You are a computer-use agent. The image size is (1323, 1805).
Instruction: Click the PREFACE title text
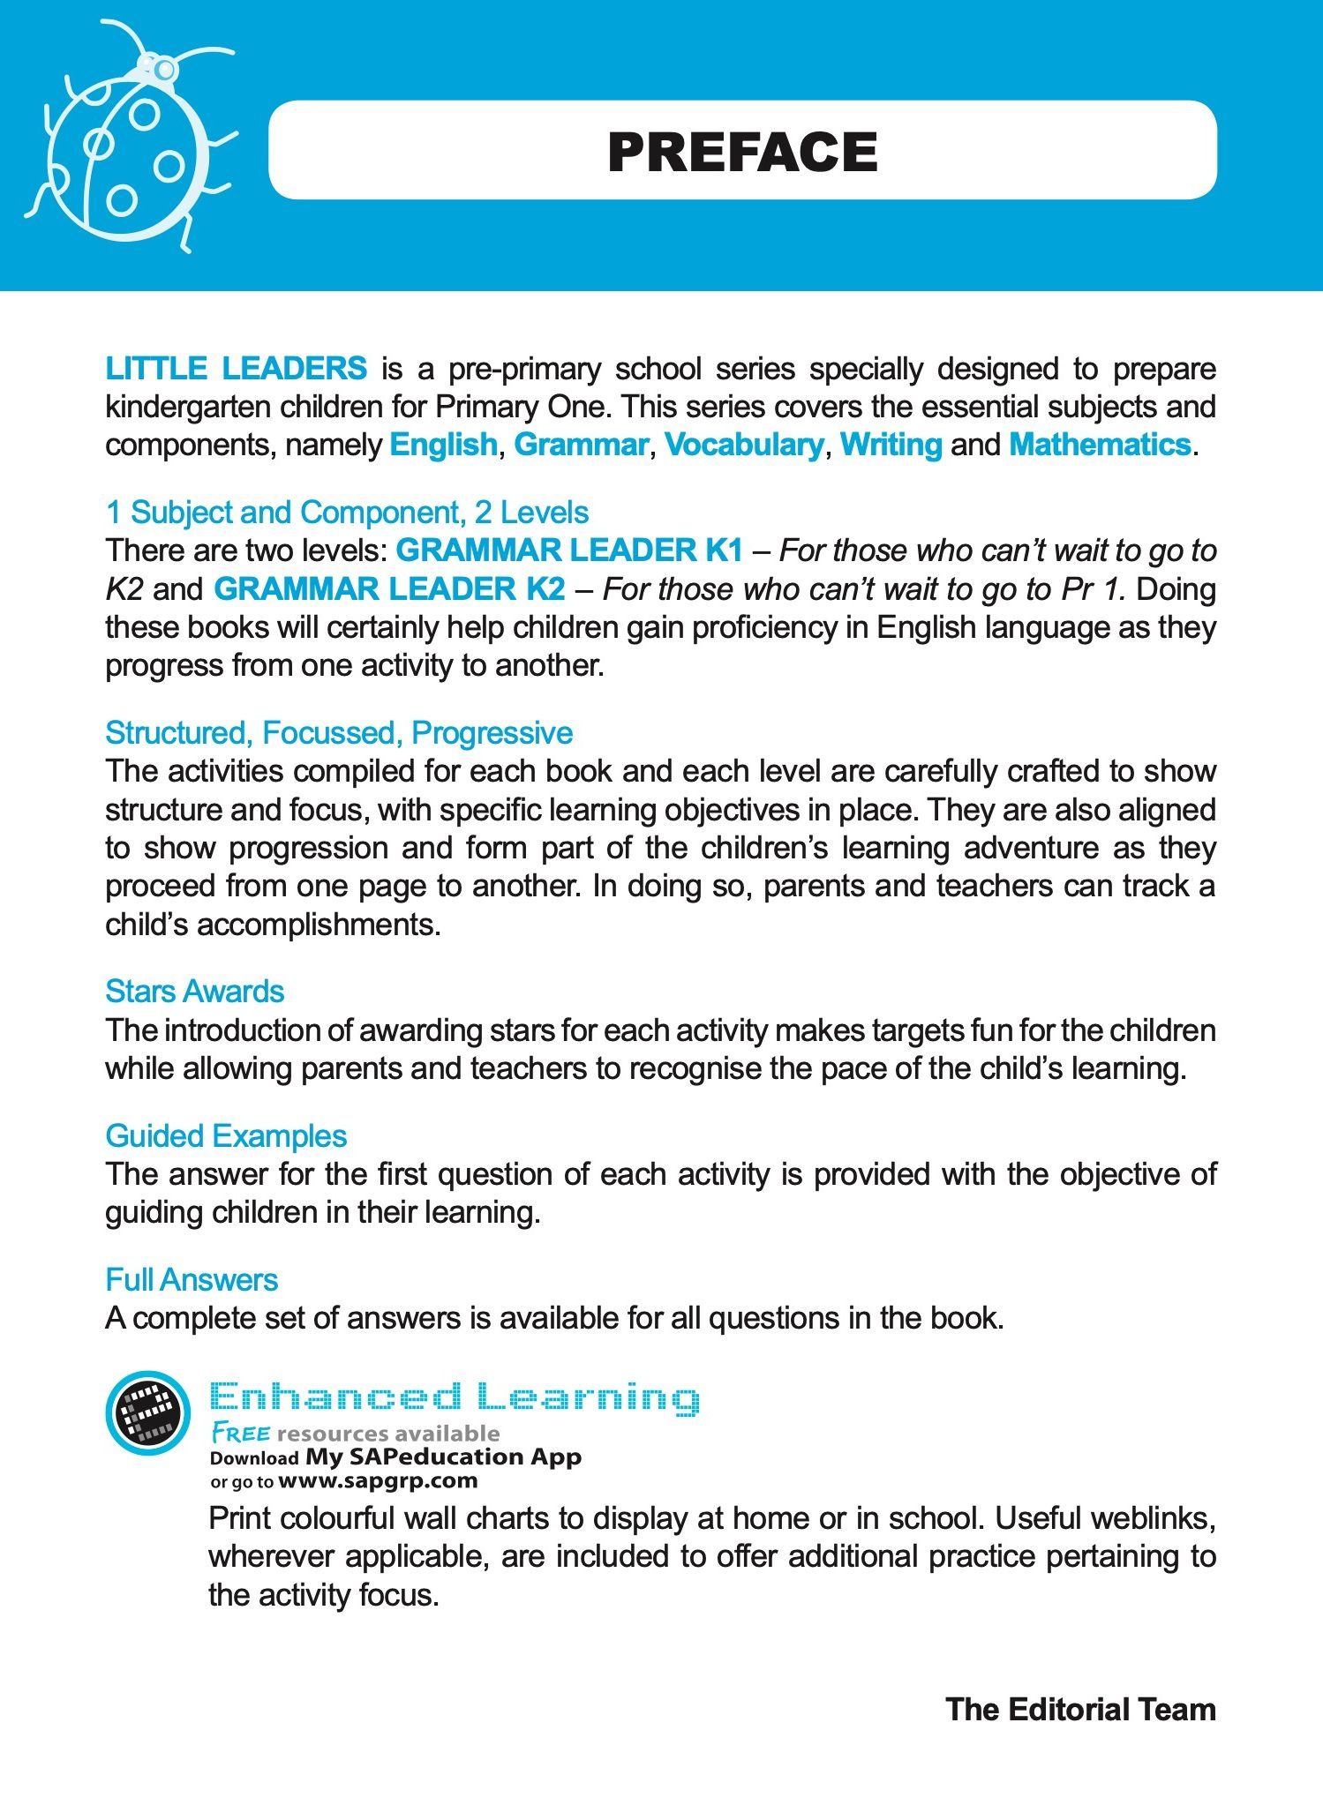[742, 152]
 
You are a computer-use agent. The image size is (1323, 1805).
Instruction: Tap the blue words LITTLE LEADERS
[236, 368]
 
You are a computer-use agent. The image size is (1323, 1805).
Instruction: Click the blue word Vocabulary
[743, 444]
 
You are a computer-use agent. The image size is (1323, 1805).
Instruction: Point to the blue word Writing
[891, 444]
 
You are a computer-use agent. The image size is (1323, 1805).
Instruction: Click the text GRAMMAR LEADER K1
[569, 550]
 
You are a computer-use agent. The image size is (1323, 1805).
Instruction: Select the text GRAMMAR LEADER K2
[389, 588]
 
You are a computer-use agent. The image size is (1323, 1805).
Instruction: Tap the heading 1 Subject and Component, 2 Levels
[347, 513]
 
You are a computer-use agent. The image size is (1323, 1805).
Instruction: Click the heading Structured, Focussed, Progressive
[339, 733]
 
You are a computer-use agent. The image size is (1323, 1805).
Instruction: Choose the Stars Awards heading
[194, 992]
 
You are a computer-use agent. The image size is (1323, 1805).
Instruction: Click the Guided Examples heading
[226, 1136]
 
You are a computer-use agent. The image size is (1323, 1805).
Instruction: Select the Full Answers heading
[192, 1280]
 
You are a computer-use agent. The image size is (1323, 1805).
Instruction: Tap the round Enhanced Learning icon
[147, 1412]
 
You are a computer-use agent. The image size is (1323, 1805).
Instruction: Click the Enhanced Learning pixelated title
[455, 1398]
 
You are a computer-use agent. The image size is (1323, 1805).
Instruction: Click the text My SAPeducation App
[443, 1457]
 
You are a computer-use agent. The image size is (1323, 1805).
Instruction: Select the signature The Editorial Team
[1080, 1710]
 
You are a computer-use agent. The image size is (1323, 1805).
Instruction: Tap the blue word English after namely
[443, 444]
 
